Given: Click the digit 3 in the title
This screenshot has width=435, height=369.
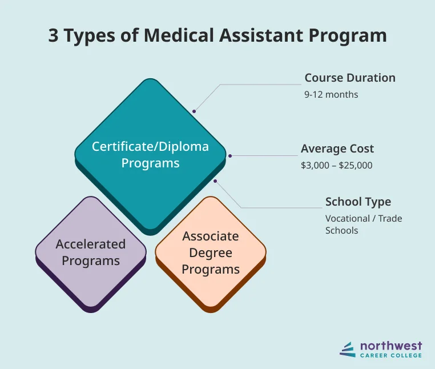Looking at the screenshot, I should tap(54, 35).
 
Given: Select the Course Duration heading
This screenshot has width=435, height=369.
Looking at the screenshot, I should tap(349, 78).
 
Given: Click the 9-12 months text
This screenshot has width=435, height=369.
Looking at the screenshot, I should tap(331, 94).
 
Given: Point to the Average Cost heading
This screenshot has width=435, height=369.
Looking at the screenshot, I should tap(337, 149).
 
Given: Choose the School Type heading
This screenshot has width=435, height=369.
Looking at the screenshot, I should tap(358, 202).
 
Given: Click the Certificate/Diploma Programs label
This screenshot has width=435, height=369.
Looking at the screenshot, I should tap(150, 155).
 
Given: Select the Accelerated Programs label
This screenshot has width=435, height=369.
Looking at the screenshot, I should tap(90, 252).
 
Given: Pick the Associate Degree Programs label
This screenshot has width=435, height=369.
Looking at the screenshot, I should tap(211, 252).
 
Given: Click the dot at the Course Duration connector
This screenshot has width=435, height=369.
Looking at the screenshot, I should tap(194, 111).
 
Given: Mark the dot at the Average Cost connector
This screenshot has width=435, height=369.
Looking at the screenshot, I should tap(230, 155).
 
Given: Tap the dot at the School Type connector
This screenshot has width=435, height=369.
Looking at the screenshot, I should tap(215, 181).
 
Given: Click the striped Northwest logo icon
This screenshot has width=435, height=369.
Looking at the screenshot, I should tap(347, 349).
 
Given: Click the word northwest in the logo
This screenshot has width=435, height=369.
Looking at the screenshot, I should tap(391, 345).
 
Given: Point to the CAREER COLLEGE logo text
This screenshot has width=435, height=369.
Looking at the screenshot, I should tap(391, 355).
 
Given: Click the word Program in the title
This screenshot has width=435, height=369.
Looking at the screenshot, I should tap(349, 35).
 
